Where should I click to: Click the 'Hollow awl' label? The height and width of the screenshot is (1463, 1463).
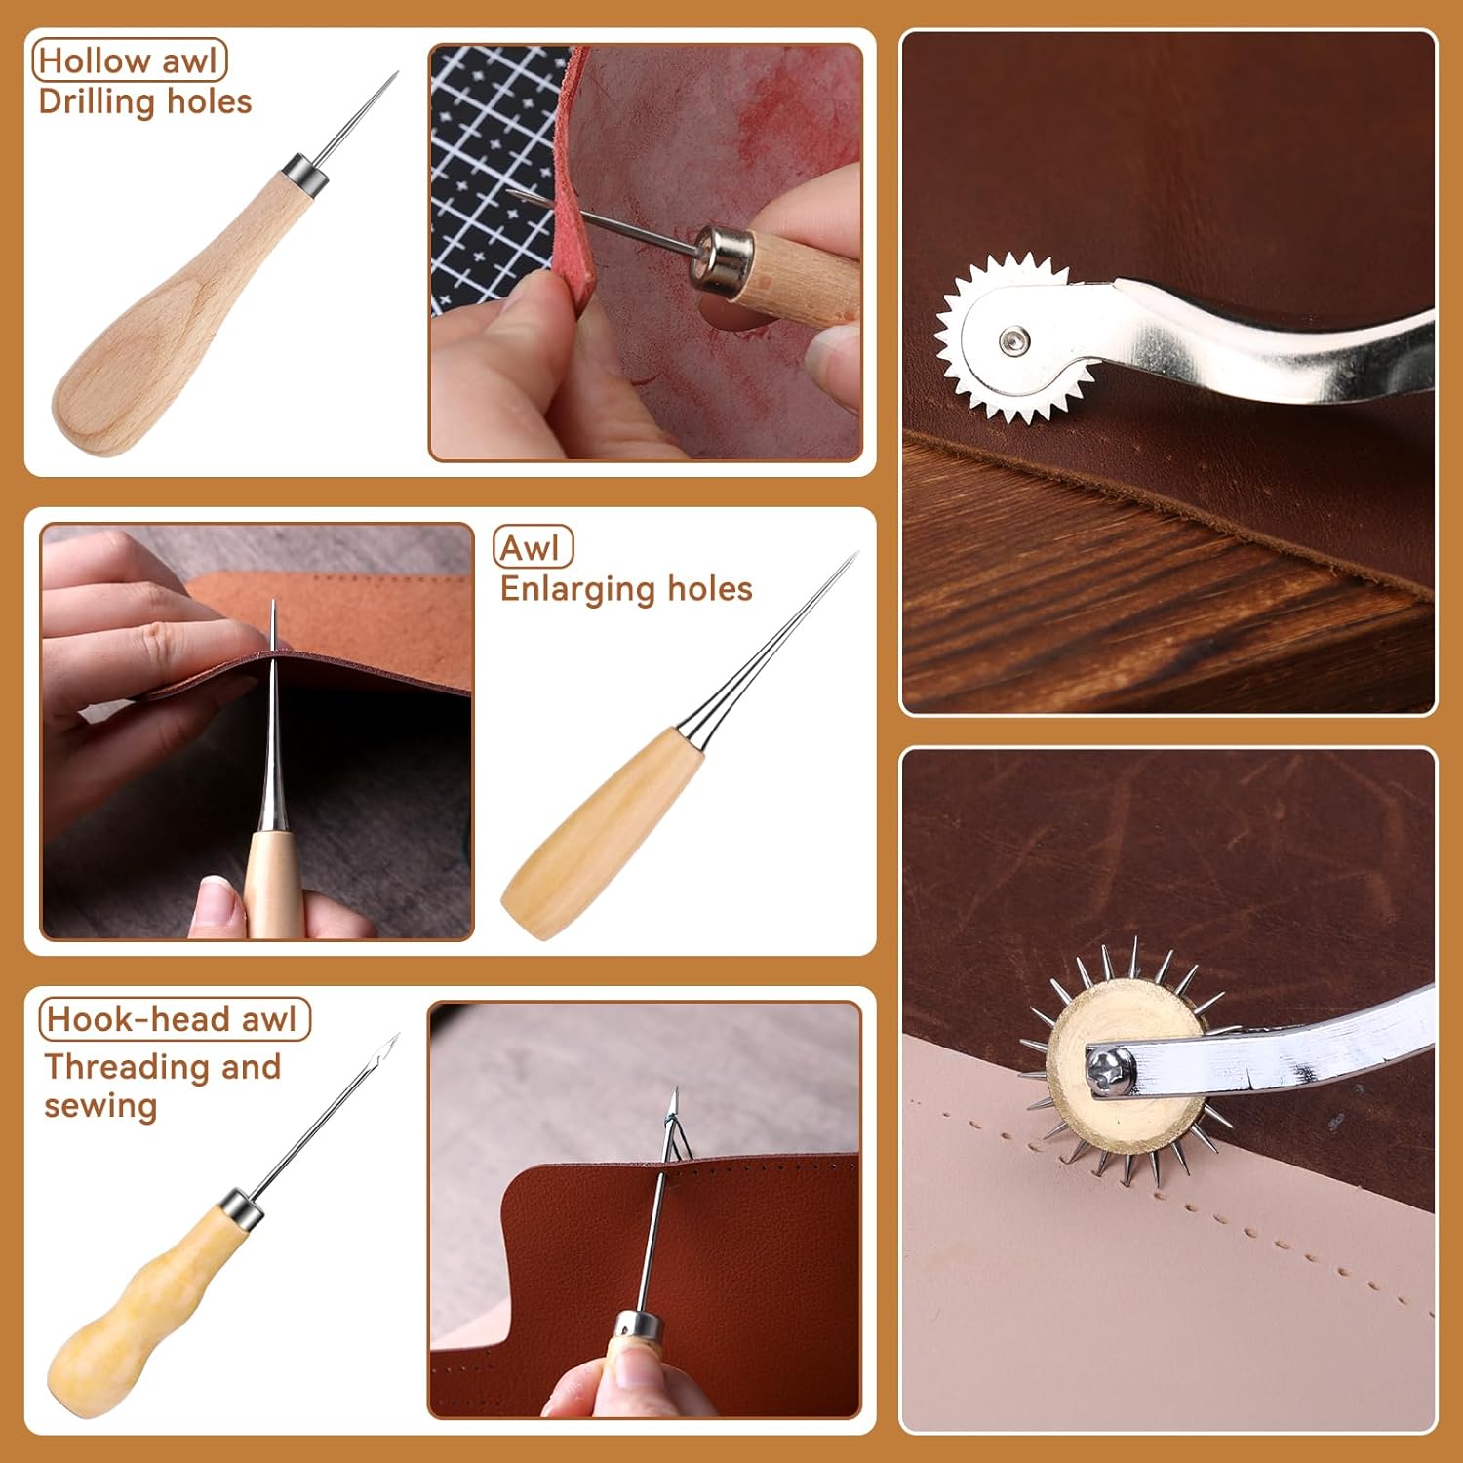click(130, 60)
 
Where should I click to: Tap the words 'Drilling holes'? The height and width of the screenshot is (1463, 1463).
click(145, 102)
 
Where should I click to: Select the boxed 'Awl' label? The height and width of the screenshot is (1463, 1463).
click(533, 547)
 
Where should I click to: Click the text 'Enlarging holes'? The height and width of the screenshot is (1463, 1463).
click(626, 589)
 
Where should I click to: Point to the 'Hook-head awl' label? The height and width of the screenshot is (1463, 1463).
click(174, 1019)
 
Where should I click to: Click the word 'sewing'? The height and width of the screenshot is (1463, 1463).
click(100, 1107)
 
